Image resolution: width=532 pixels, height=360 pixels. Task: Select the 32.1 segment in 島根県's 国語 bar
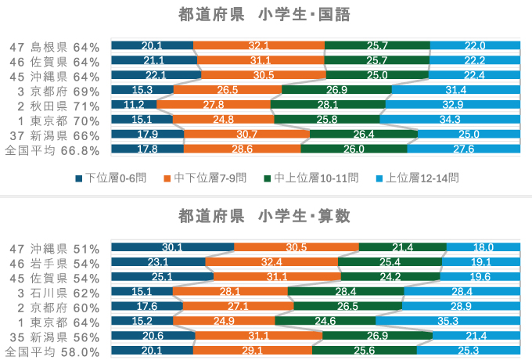click(258, 45)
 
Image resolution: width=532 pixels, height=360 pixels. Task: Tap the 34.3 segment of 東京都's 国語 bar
click(450, 120)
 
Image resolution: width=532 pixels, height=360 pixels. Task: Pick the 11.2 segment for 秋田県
click(134, 105)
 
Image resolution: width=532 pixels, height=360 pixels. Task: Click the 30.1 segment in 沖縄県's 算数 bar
click(172, 247)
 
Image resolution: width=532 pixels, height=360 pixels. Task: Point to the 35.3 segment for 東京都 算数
click(448, 321)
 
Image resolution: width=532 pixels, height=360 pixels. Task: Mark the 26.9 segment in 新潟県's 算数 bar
click(377, 336)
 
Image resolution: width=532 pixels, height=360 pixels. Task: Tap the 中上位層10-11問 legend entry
click(313, 178)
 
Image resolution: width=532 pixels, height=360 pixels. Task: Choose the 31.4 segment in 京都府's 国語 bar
click(454, 90)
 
